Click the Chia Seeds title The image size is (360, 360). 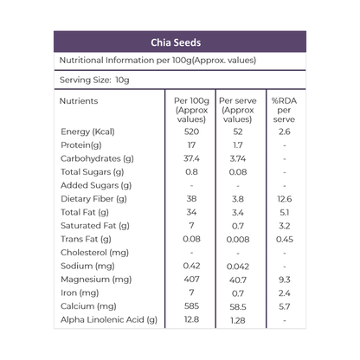[x=176, y=42]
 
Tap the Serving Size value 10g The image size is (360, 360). [x=122, y=80]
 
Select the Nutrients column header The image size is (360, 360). [x=79, y=101]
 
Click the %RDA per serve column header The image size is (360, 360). [x=284, y=110]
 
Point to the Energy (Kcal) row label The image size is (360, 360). [x=87, y=132]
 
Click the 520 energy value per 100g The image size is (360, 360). [x=191, y=132]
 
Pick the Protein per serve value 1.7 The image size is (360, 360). [x=238, y=145]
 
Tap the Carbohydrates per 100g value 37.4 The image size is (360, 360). [x=191, y=158]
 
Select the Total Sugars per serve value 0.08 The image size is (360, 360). [x=238, y=172]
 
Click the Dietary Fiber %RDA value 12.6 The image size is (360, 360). [x=284, y=199]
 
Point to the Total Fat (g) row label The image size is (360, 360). [x=85, y=212]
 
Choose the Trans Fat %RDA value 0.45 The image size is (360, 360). [x=284, y=239]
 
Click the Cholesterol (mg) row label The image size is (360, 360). [x=94, y=253]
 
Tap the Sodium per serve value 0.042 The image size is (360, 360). [x=238, y=267]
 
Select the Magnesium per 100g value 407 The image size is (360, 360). [x=191, y=280]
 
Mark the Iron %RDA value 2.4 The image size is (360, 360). [x=284, y=293]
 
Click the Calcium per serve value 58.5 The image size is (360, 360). [x=238, y=306]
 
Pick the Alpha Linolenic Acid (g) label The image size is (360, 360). [x=109, y=320]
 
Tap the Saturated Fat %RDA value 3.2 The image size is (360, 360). [x=284, y=226]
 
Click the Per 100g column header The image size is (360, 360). [x=191, y=110]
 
